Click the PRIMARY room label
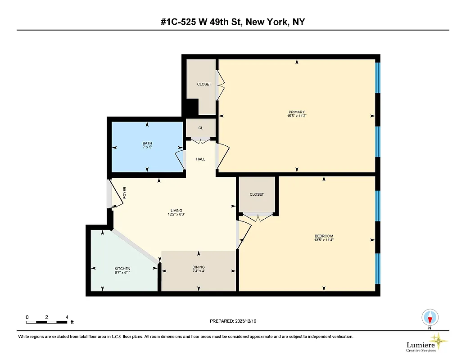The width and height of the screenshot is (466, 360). tap(297, 112)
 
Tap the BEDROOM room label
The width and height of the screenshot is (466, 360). tap(324, 236)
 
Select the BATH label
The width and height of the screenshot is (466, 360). tap(147, 144)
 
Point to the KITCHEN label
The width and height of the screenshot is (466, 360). tap(122, 269)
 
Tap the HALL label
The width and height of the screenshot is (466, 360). tap(201, 159)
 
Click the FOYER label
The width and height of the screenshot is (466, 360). tap(125, 193)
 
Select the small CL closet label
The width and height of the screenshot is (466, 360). tap(201, 128)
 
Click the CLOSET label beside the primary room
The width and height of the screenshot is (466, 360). tap(204, 84)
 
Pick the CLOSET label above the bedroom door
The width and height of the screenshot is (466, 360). tap(257, 194)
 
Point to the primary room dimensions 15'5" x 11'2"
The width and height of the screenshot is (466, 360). tap(297, 116)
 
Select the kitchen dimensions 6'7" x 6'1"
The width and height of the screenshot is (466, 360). tap(122, 273)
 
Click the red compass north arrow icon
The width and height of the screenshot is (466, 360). tap(430, 319)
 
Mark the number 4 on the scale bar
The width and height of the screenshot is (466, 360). tap(67, 317)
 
